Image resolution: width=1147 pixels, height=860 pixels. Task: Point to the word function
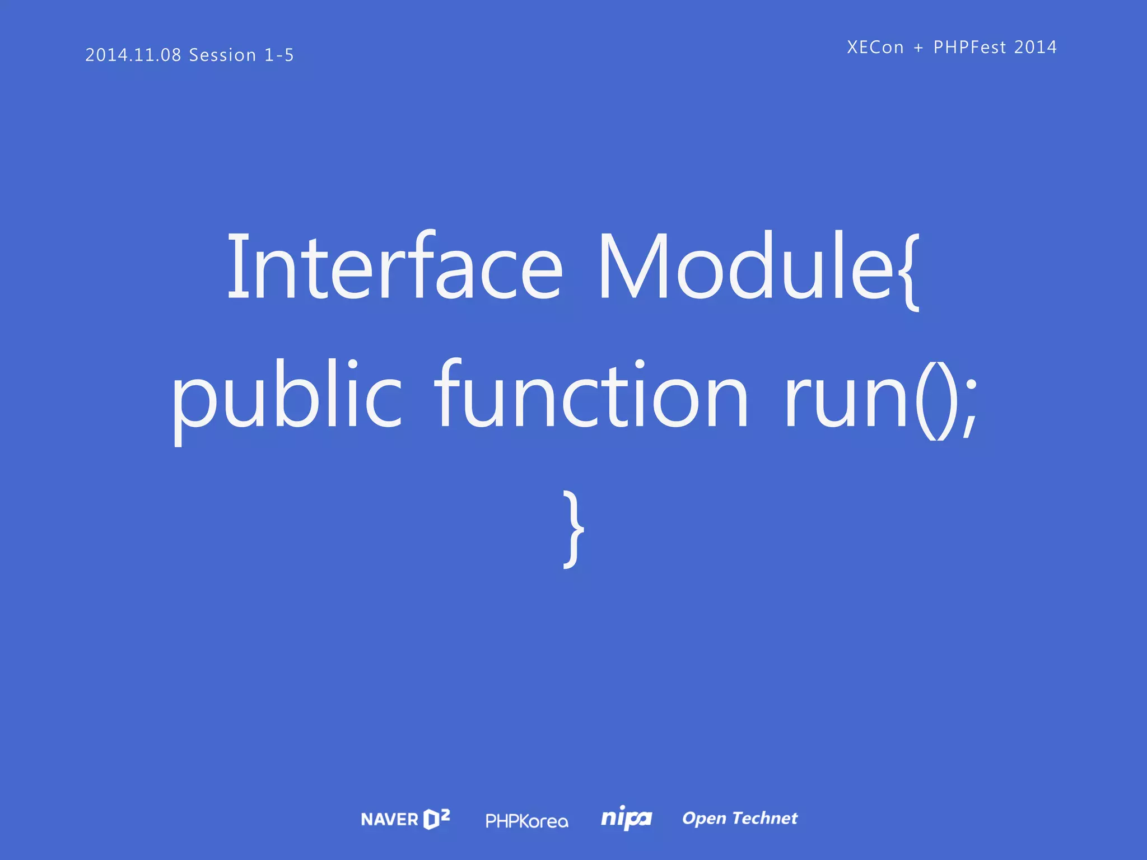591,394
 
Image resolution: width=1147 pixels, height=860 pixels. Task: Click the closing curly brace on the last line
573,530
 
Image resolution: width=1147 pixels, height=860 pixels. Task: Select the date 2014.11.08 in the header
133,55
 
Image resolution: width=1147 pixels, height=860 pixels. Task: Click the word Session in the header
222,55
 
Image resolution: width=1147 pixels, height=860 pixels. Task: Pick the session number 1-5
279,55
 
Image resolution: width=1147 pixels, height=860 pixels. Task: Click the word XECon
875,48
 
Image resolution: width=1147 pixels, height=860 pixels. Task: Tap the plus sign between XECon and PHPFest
918,48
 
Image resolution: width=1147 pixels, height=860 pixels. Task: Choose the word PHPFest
970,48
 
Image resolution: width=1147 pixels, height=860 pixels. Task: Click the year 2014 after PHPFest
1036,48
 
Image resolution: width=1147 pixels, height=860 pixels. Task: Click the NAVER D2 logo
405,819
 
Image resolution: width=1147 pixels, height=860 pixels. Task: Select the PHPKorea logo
526,821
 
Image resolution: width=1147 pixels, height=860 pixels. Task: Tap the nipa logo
626,819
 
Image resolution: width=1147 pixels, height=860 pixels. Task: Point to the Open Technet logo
740,819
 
